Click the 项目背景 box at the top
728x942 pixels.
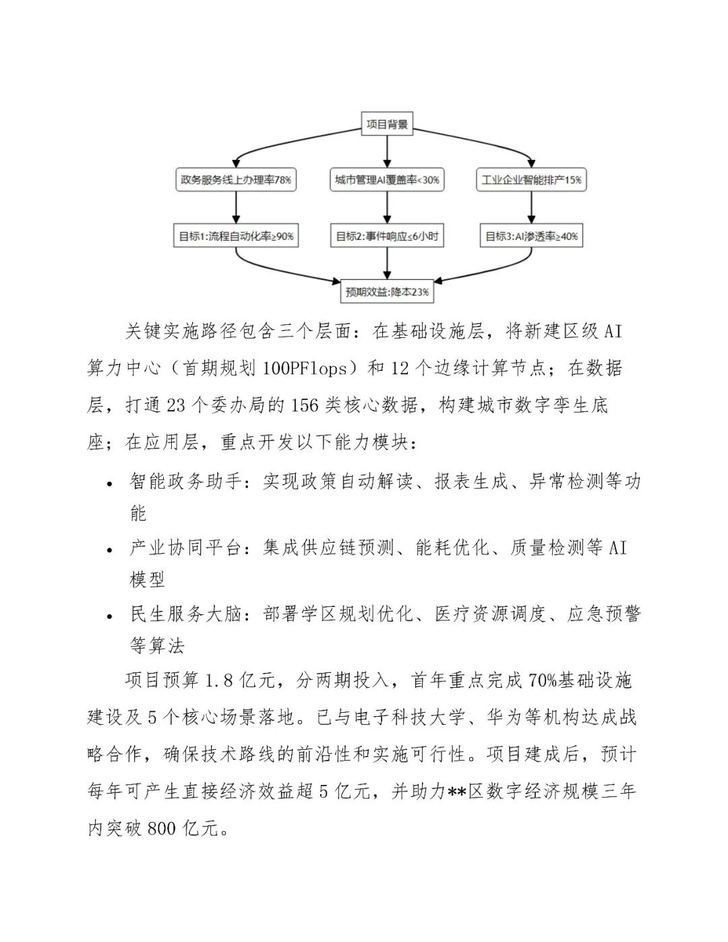point(386,124)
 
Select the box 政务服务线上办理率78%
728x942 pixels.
point(236,180)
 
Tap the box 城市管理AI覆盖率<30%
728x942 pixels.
point(387,180)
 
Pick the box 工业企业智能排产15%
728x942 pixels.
point(531,180)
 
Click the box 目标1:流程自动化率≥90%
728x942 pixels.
point(236,236)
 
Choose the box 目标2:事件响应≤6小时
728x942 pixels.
point(387,236)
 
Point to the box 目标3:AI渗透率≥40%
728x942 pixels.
point(531,236)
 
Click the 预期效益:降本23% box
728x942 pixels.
point(387,292)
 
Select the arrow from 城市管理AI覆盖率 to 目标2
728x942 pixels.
point(387,208)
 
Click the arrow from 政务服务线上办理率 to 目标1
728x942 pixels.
point(236,208)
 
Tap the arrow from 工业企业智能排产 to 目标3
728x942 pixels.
point(531,208)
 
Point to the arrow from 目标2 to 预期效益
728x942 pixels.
point(387,264)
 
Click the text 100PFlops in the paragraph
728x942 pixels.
point(305,368)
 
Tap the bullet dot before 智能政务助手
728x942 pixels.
point(110,483)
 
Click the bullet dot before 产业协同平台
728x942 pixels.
point(110,550)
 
